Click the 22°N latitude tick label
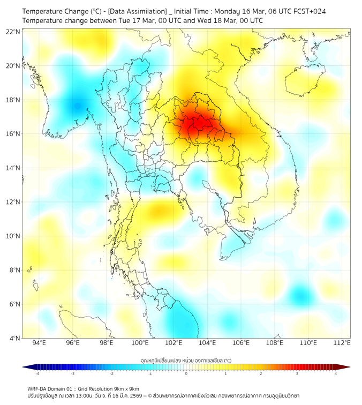[x=13, y=32]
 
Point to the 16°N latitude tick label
[x=13, y=134]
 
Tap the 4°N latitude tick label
[x=14, y=338]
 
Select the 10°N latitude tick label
[x=13, y=236]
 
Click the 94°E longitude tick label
[x=39, y=343]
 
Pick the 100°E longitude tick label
[x=140, y=343]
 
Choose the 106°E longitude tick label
[x=242, y=343]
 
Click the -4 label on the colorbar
[x=37, y=373]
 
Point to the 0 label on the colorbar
[x=186, y=373]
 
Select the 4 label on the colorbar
[x=335, y=373]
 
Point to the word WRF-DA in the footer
[x=39, y=388]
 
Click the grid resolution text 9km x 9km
[x=125, y=388]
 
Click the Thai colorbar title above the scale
[x=186, y=361]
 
